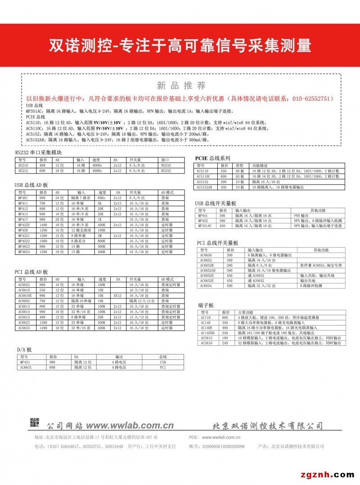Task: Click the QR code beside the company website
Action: [x=35, y=423]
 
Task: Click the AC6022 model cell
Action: [x=24, y=285]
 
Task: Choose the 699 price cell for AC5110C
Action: [x=223, y=177]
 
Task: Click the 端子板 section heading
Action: [x=206, y=305]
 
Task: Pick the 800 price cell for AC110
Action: [x=225, y=317]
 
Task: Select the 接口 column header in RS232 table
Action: [x=165, y=160]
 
